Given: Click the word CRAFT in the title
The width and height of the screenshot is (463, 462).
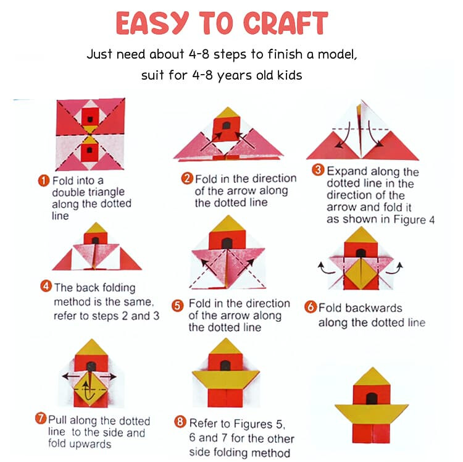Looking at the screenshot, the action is pos(286,23).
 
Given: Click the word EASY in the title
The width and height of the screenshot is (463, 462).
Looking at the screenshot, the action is pos(152,23).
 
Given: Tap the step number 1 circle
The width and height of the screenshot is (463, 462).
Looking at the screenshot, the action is pos(44,180).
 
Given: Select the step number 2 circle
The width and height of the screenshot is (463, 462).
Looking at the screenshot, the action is pos(187,178).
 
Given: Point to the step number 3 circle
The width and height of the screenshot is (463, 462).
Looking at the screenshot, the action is pos(318,170).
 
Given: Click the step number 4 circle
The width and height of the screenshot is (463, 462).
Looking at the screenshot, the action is pos(46,286).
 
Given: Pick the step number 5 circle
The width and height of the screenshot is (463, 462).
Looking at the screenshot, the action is pos(177,306).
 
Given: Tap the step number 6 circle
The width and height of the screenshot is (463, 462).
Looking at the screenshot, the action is pos(311,307).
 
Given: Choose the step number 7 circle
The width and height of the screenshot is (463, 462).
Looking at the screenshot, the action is pos(41,418).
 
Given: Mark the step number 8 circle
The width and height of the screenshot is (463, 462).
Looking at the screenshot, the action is pos(180,421).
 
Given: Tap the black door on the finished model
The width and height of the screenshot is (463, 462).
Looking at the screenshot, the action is pos(372,399).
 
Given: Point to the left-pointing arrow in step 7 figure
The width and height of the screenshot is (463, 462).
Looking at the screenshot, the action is pos(71,376).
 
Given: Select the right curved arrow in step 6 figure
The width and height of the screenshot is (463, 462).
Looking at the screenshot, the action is pos(395,267).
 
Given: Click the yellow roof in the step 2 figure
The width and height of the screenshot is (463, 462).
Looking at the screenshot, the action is pos(227,112).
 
